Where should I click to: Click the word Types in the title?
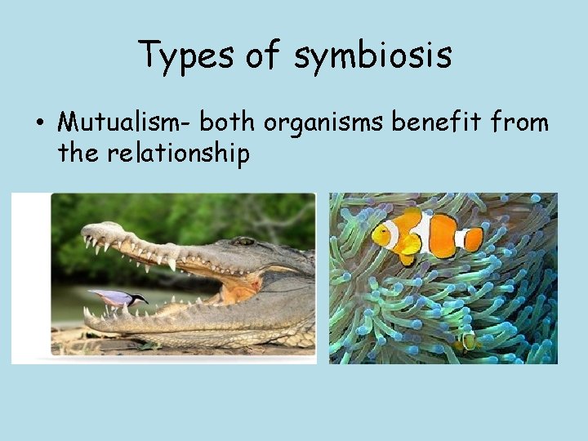click(177, 55)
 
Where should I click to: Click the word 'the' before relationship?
click(78, 153)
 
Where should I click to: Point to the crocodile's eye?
click(243, 241)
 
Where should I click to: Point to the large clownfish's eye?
click(383, 231)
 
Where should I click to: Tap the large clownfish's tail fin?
click(473, 238)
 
